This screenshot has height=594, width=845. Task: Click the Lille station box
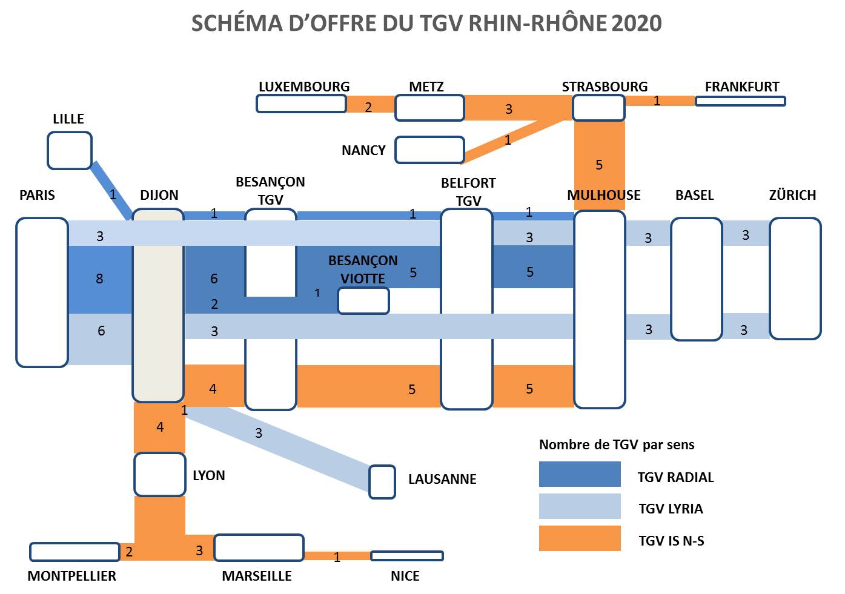coord(70,151)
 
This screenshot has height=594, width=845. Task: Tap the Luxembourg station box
coord(301,104)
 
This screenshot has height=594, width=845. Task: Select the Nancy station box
coord(429,150)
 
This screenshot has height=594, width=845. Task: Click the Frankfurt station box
coord(740,101)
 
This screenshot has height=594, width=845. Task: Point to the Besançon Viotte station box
coord(363,301)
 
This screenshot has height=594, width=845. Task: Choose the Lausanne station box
coord(382,482)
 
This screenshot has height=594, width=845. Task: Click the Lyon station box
coord(160,475)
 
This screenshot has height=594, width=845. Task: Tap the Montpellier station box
coord(75,552)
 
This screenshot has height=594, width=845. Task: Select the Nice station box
coord(407,556)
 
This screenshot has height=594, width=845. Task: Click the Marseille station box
coord(259,548)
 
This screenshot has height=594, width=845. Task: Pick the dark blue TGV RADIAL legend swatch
coord(580,474)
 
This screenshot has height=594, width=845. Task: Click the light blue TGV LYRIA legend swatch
coord(580,506)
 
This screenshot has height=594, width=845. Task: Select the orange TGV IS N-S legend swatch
coord(580,538)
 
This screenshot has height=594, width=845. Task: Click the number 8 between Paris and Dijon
coord(99,279)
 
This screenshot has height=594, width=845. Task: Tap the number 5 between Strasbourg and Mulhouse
coord(599,165)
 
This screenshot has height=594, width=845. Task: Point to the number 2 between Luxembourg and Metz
coord(368,107)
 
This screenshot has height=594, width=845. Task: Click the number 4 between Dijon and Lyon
coord(160,427)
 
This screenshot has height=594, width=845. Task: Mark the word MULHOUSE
coord(603,195)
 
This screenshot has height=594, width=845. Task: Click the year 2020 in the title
coord(636,23)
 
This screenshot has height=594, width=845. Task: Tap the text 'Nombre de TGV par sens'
coord(617,444)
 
